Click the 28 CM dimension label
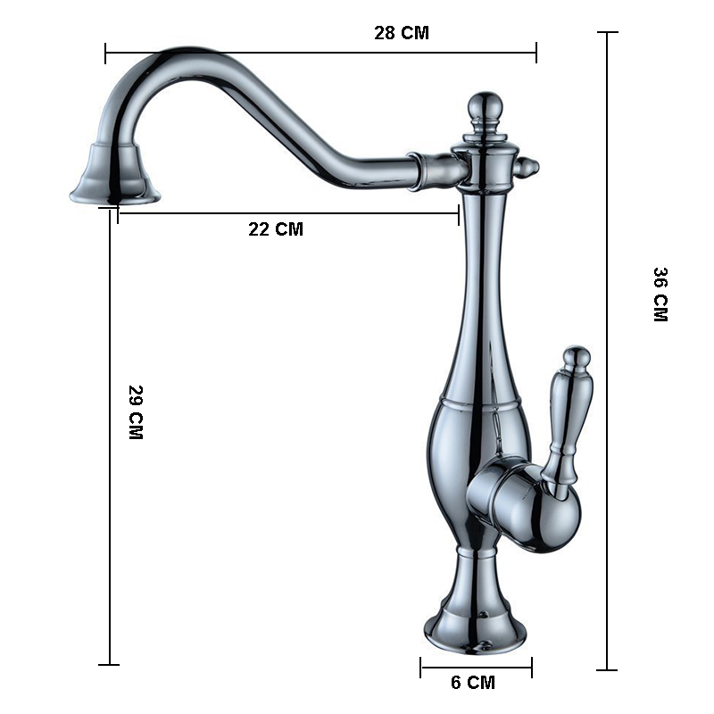[401, 34]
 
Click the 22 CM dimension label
[275, 229]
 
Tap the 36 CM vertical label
[660, 295]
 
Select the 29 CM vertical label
[135, 412]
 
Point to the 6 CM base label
[472, 684]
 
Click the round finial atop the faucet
[483, 105]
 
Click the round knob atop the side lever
[577, 358]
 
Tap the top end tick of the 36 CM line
[607, 33]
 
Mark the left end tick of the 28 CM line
[105, 53]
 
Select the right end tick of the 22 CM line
[459, 213]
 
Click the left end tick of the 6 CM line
[421, 667]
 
